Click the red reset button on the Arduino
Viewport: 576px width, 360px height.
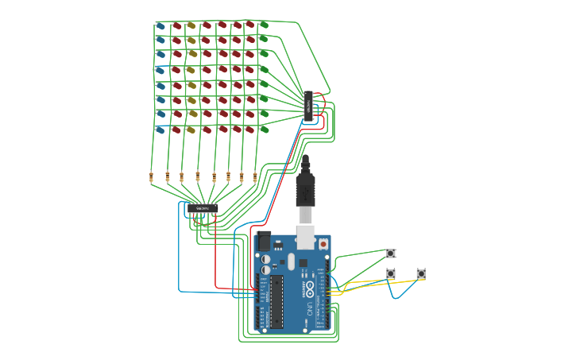pyautogui.click(x=323, y=242)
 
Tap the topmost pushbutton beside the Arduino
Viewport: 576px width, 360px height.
pyautogui.click(x=390, y=254)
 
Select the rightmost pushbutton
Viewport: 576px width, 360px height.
pyautogui.click(x=420, y=274)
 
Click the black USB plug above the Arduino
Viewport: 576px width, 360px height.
pyautogui.click(x=307, y=191)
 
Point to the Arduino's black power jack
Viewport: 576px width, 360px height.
pyautogui.click(x=261, y=240)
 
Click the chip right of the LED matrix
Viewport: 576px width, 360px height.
pyautogui.click(x=309, y=106)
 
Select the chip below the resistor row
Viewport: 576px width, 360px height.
pyautogui.click(x=202, y=208)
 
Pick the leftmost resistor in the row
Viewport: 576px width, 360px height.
pyautogui.click(x=152, y=177)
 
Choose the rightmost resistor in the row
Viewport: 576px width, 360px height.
pyautogui.click(x=255, y=177)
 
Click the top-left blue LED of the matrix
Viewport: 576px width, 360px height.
pyautogui.click(x=161, y=25)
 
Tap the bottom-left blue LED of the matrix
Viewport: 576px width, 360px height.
pyautogui.click(x=161, y=130)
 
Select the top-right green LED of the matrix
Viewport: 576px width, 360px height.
pyautogui.click(x=265, y=25)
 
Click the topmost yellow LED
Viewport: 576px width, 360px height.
pyautogui.click(x=191, y=25)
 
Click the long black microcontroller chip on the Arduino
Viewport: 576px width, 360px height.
pyautogui.click(x=276, y=301)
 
